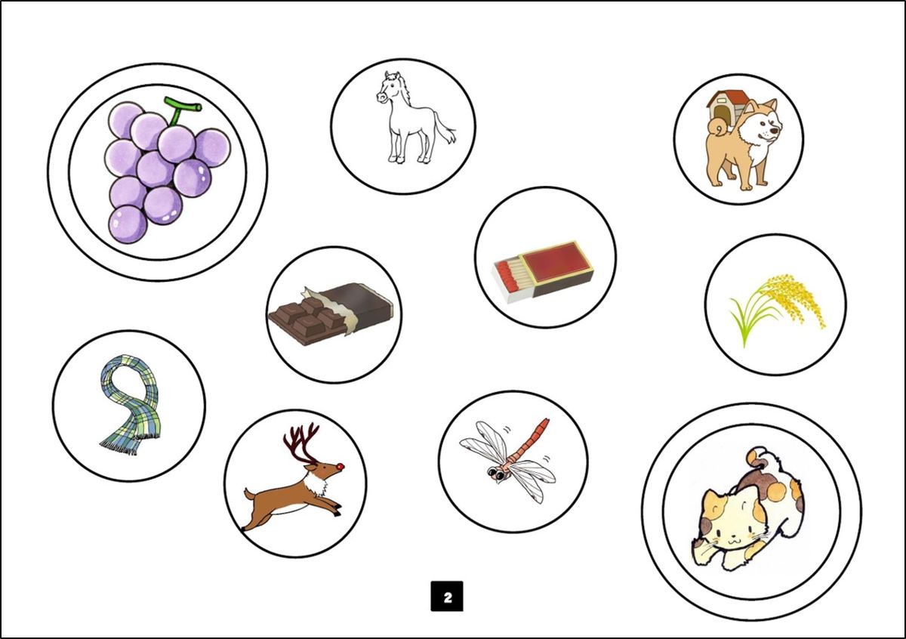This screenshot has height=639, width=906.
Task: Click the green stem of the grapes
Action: point(178,111)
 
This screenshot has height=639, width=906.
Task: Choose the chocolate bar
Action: point(330,314)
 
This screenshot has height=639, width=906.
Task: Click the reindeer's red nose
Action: point(342,467)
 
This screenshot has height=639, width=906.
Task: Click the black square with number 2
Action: point(447,596)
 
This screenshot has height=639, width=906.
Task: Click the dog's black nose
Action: point(774,131)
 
